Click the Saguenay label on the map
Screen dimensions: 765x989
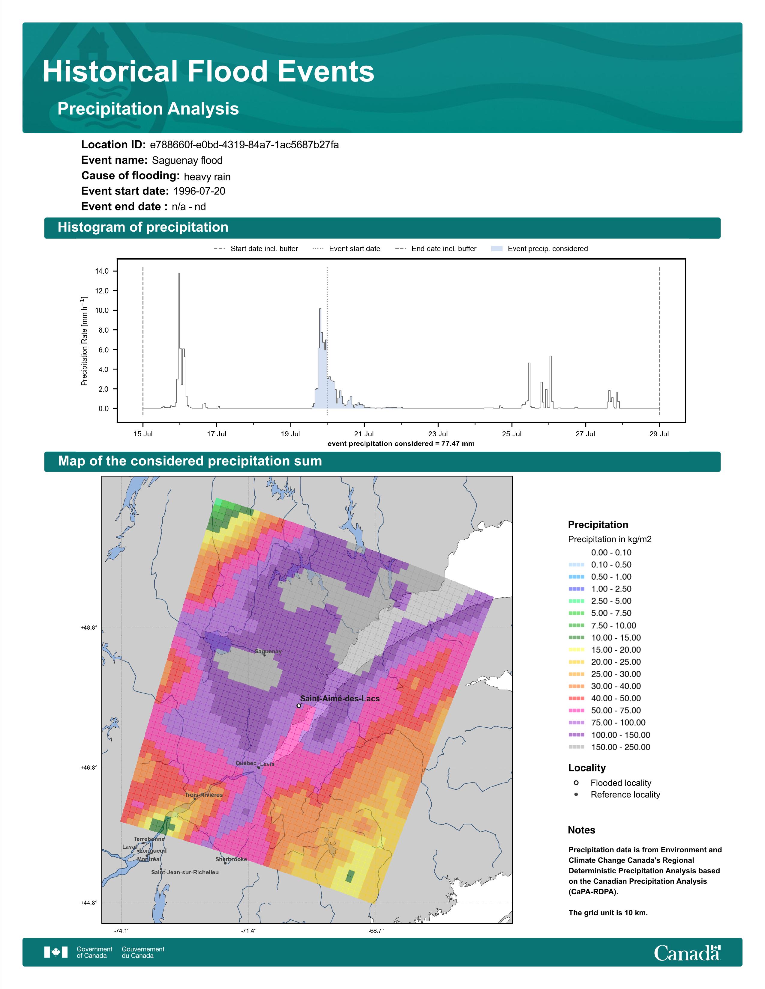click(x=268, y=652)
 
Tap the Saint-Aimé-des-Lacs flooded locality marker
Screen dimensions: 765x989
click(x=299, y=705)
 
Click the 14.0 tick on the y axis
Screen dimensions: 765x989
click(x=102, y=271)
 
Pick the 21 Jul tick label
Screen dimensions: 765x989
click(x=364, y=434)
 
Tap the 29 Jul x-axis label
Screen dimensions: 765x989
click(x=659, y=434)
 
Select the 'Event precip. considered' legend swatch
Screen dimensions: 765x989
click(x=497, y=249)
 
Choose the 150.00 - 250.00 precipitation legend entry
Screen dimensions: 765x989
click(x=610, y=747)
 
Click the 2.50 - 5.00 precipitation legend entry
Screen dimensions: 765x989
click(x=600, y=601)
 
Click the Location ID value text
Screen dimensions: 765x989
click(x=244, y=145)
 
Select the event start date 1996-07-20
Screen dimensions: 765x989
click(x=199, y=191)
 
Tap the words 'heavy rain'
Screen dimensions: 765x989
click(x=207, y=177)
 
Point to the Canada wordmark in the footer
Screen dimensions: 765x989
click(x=687, y=953)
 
